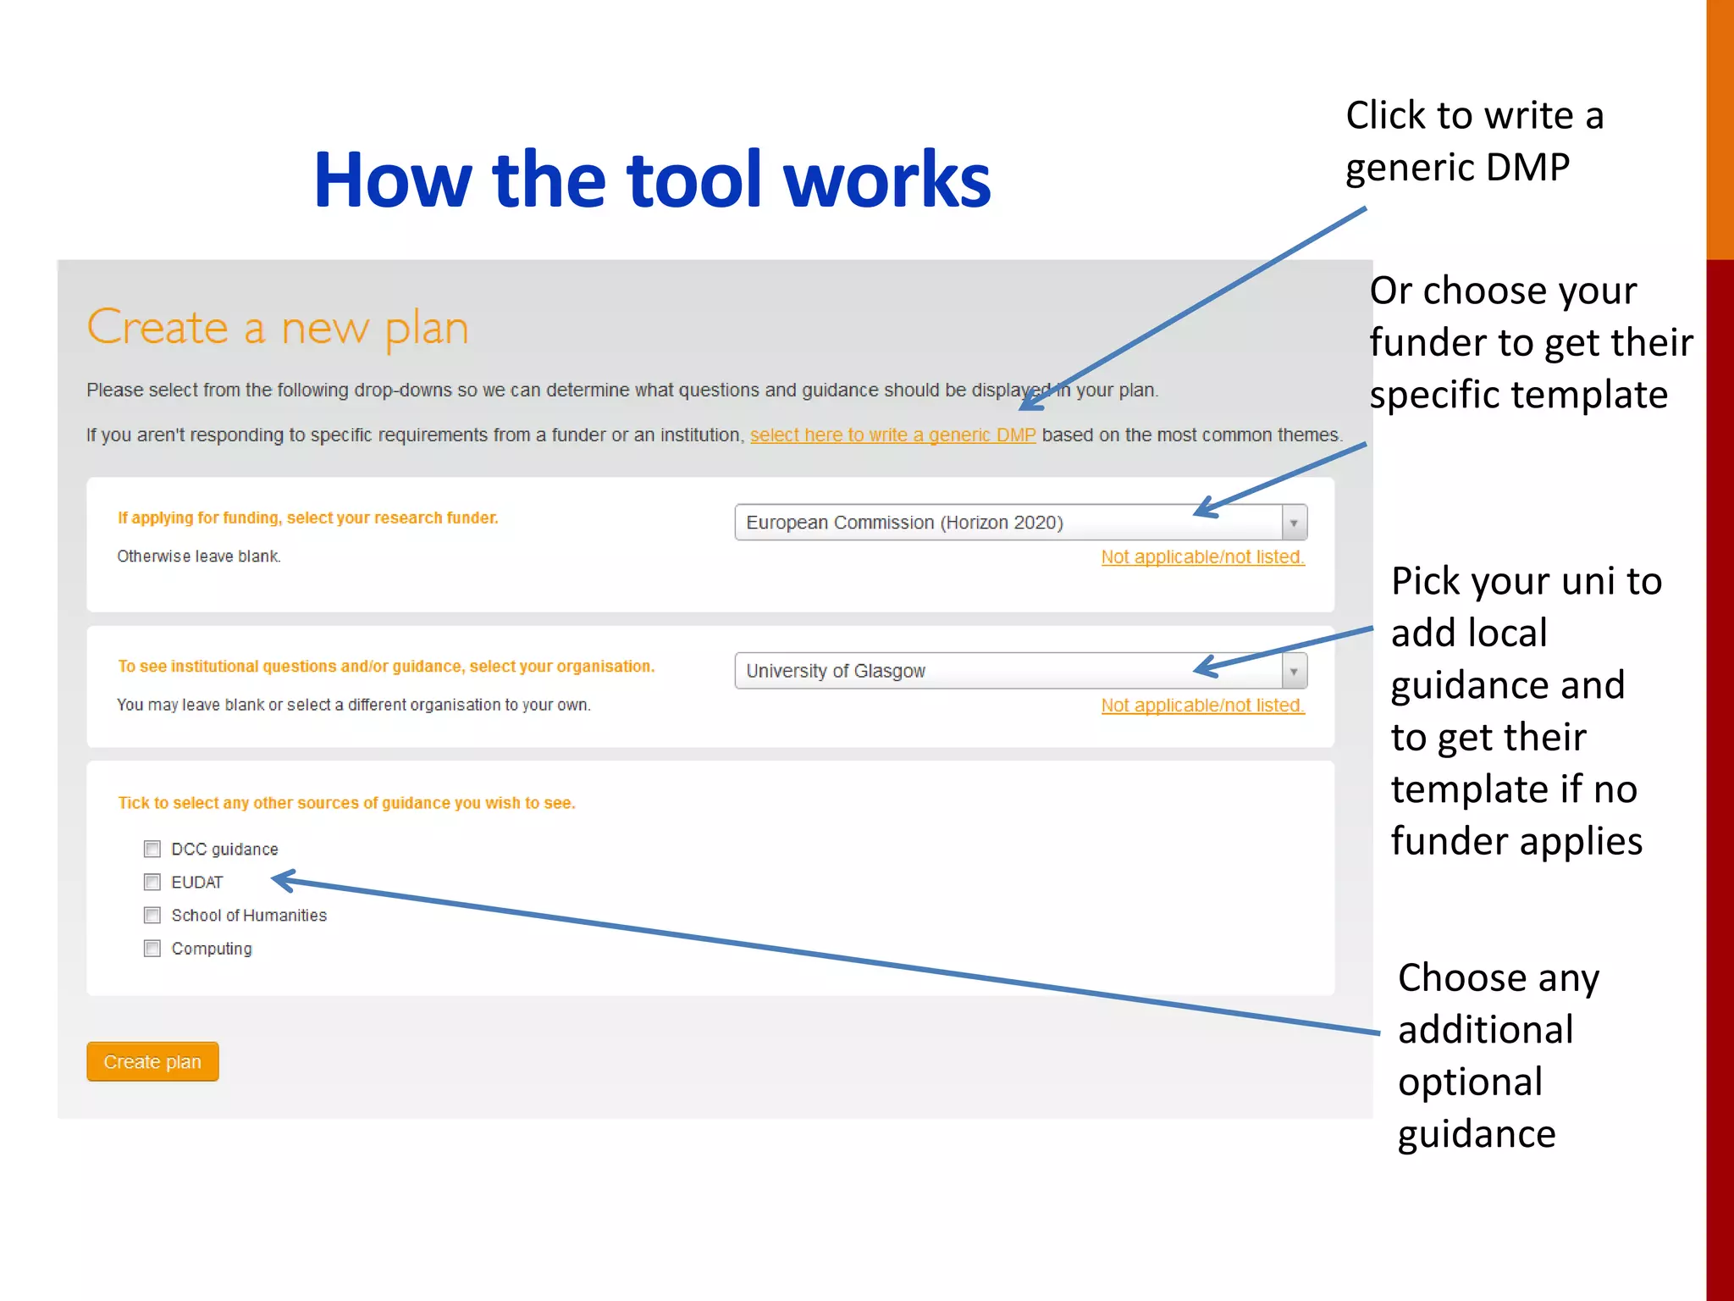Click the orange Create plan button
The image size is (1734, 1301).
click(x=152, y=1061)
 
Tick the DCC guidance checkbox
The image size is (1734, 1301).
click(x=152, y=849)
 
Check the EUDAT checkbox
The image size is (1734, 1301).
click(x=152, y=882)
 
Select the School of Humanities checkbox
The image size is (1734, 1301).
click(x=152, y=915)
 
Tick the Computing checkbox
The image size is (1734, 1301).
click(x=152, y=948)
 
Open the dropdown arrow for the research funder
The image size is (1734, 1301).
click(x=1294, y=523)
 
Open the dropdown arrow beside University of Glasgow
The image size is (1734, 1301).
click(x=1294, y=671)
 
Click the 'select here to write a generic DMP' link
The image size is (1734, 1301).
click(x=892, y=435)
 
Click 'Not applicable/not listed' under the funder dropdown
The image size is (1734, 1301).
click(x=1202, y=557)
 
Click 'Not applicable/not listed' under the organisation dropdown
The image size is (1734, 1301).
click(x=1202, y=706)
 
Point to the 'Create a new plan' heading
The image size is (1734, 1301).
click(x=278, y=329)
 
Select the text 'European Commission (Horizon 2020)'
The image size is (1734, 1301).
click(x=904, y=523)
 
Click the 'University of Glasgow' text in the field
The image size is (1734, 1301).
click(x=836, y=671)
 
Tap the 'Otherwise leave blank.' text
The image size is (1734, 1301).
click(x=199, y=556)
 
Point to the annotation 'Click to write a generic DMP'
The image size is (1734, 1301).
click(x=1474, y=141)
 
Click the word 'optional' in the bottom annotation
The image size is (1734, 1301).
click(x=1470, y=1082)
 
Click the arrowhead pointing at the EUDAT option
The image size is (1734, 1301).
click(x=283, y=881)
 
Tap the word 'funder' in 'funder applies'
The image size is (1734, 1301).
click(x=1449, y=841)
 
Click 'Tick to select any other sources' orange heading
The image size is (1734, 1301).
click(x=346, y=803)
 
